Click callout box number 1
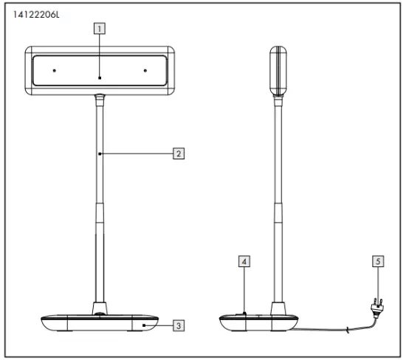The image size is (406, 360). pyautogui.click(x=100, y=29)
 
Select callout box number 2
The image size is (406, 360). pyautogui.click(x=177, y=153)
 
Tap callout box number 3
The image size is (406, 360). pyautogui.click(x=177, y=324)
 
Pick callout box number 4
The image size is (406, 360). pyautogui.click(x=244, y=260)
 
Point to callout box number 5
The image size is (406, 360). pyautogui.click(x=378, y=260)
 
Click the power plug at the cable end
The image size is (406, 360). pyautogui.click(x=375, y=305)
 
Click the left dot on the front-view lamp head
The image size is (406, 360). pyautogui.click(x=55, y=71)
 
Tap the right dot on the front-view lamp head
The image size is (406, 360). pyautogui.click(x=145, y=71)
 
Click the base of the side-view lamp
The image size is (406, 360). pyautogui.click(x=258, y=323)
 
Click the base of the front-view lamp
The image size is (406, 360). pyautogui.click(x=100, y=323)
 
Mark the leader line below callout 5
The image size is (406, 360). pyautogui.click(x=378, y=282)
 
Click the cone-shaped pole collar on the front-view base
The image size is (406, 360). pyautogui.click(x=100, y=308)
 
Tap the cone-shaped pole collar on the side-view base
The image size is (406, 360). pyautogui.click(x=279, y=308)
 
